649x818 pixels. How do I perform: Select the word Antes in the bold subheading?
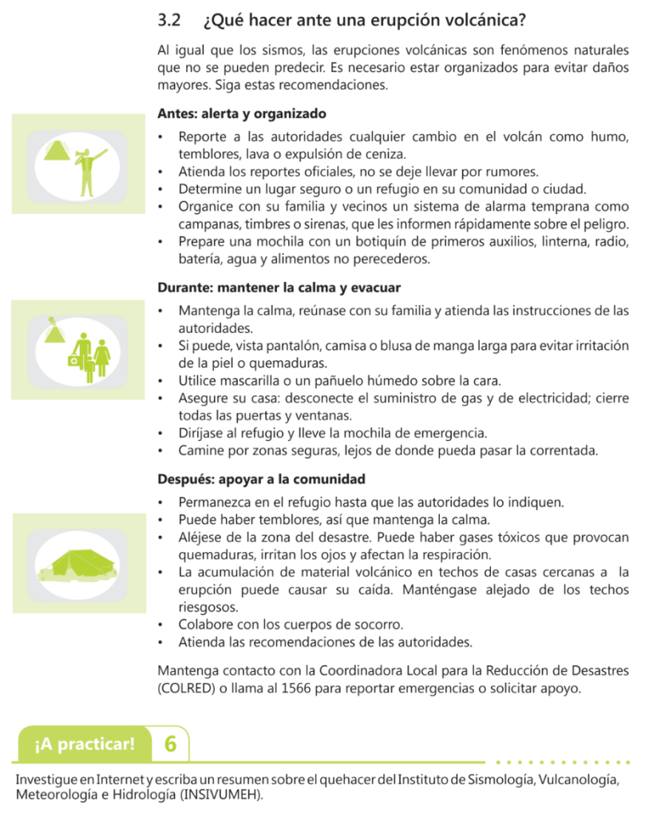click(x=176, y=113)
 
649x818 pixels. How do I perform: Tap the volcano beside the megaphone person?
click(x=57, y=149)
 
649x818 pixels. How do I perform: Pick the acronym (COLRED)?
click(x=189, y=688)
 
